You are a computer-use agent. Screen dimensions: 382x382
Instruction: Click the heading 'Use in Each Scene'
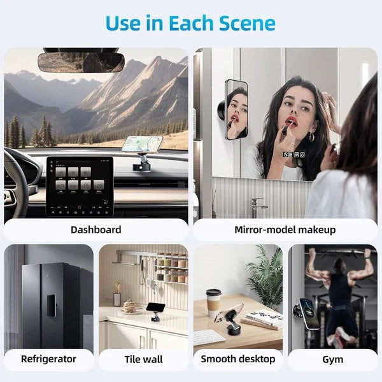(x=190, y=24)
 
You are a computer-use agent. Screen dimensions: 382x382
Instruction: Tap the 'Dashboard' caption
(x=95, y=229)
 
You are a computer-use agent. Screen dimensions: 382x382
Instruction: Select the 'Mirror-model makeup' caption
(x=285, y=229)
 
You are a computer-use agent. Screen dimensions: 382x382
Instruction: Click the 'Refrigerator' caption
(x=48, y=359)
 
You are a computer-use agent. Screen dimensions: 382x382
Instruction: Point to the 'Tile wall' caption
(x=143, y=359)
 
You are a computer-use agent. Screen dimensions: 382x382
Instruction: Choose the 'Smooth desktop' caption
(x=237, y=359)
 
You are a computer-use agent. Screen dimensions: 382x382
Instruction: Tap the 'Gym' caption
(x=332, y=359)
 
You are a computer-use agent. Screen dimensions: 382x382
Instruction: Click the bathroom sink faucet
(x=257, y=207)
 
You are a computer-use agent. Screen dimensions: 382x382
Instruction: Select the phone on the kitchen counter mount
(x=155, y=307)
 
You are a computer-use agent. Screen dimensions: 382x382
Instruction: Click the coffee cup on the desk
(x=213, y=302)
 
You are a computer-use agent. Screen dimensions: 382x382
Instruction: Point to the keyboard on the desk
(x=209, y=336)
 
